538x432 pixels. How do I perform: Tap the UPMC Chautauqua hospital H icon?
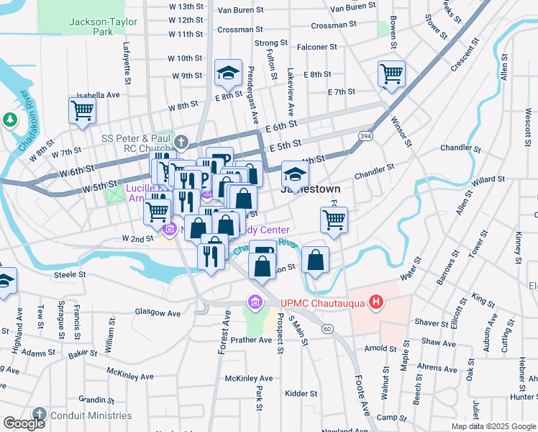374,302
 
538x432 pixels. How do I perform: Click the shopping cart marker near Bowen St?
391,73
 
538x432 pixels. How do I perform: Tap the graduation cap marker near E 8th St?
228,72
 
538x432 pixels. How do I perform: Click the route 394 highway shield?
365,135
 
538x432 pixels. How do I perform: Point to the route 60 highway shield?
327,329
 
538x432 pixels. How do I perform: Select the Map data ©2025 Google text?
493,426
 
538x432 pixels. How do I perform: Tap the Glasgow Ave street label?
158,313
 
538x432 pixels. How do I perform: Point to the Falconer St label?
318,47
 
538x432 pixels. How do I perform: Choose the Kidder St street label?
301,394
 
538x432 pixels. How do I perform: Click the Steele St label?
70,274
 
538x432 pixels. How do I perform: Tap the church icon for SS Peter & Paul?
181,140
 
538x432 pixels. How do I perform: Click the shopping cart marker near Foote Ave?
334,220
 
